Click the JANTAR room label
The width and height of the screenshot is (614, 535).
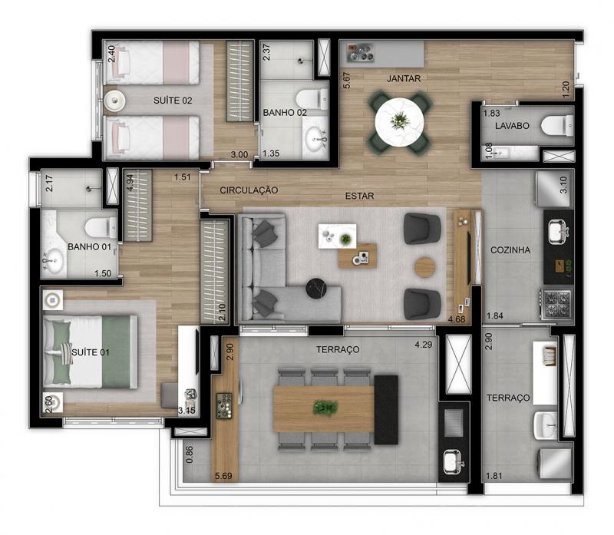pyautogui.click(x=404, y=79)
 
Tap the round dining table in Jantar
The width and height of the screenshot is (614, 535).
pyautogui.click(x=399, y=122)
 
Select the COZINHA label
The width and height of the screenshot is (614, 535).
pyautogui.click(x=510, y=250)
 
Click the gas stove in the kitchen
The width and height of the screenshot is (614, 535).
pyautogui.click(x=556, y=304)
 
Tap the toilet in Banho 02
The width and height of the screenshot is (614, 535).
pyautogui.click(x=312, y=99)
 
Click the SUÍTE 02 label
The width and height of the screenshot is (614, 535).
pyautogui.click(x=173, y=101)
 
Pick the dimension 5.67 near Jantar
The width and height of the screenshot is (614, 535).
pyautogui.click(x=346, y=81)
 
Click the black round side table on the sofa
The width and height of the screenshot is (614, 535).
pyautogui.click(x=316, y=289)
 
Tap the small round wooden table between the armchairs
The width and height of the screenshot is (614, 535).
pyautogui.click(x=425, y=267)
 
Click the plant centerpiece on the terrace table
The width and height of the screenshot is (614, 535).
pyautogui.click(x=325, y=408)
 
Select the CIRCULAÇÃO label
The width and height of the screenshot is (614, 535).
pyautogui.click(x=249, y=190)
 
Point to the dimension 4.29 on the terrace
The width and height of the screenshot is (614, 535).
pyautogui.click(x=424, y=345)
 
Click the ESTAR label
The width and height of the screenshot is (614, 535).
pyautogui.click(x=359, y=196)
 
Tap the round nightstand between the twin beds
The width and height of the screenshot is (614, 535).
pyautogui.click(x=114, y=101)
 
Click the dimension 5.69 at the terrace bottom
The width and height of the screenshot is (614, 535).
pyautogui.click(x=223, y=476)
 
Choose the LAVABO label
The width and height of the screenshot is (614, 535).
pyautogui.click(x=512, y=126)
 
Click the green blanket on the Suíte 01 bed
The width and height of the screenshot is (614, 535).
pyautogui.click(x=117, y=352)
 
